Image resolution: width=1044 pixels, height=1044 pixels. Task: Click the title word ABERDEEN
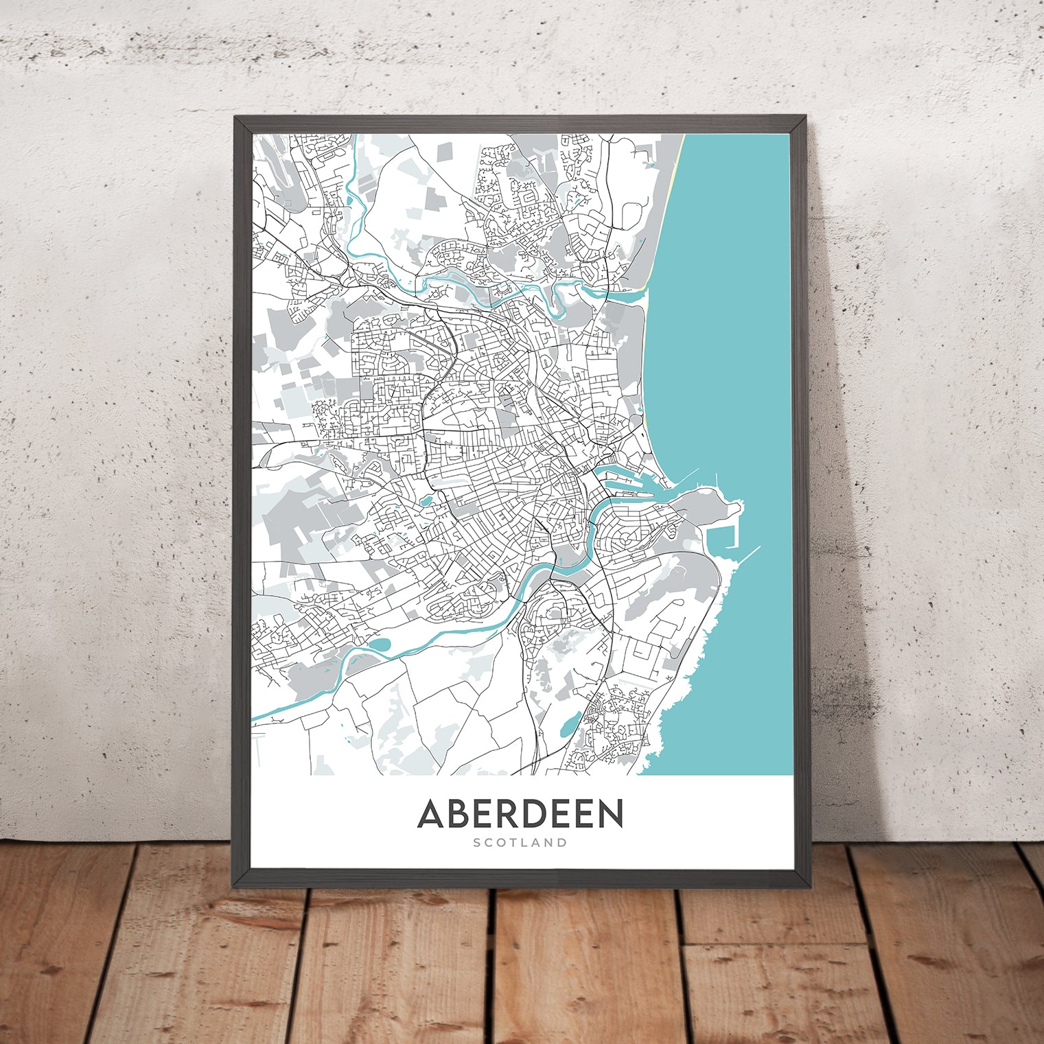[520, 813]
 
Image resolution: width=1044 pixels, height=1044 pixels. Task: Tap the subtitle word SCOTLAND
[520, 842]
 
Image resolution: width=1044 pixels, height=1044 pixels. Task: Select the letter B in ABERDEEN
[459, 813]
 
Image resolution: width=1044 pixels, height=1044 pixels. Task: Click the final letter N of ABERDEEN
[610, 813]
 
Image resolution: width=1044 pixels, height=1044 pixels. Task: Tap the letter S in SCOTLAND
[476, 842]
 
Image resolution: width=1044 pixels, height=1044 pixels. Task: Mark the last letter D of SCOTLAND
[564, 842]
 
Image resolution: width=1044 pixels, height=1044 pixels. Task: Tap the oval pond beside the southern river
[380, 645]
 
